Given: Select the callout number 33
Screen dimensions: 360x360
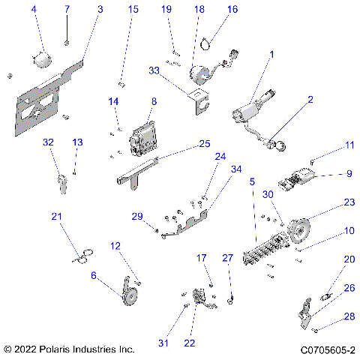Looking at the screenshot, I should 154,70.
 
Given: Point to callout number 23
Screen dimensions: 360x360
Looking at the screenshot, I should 349,202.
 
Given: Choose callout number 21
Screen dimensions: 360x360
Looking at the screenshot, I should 55,217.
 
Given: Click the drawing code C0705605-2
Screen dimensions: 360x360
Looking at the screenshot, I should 328,349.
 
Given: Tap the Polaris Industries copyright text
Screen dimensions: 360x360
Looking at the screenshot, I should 69,349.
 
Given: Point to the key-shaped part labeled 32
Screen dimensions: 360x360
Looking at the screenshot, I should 61,180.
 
